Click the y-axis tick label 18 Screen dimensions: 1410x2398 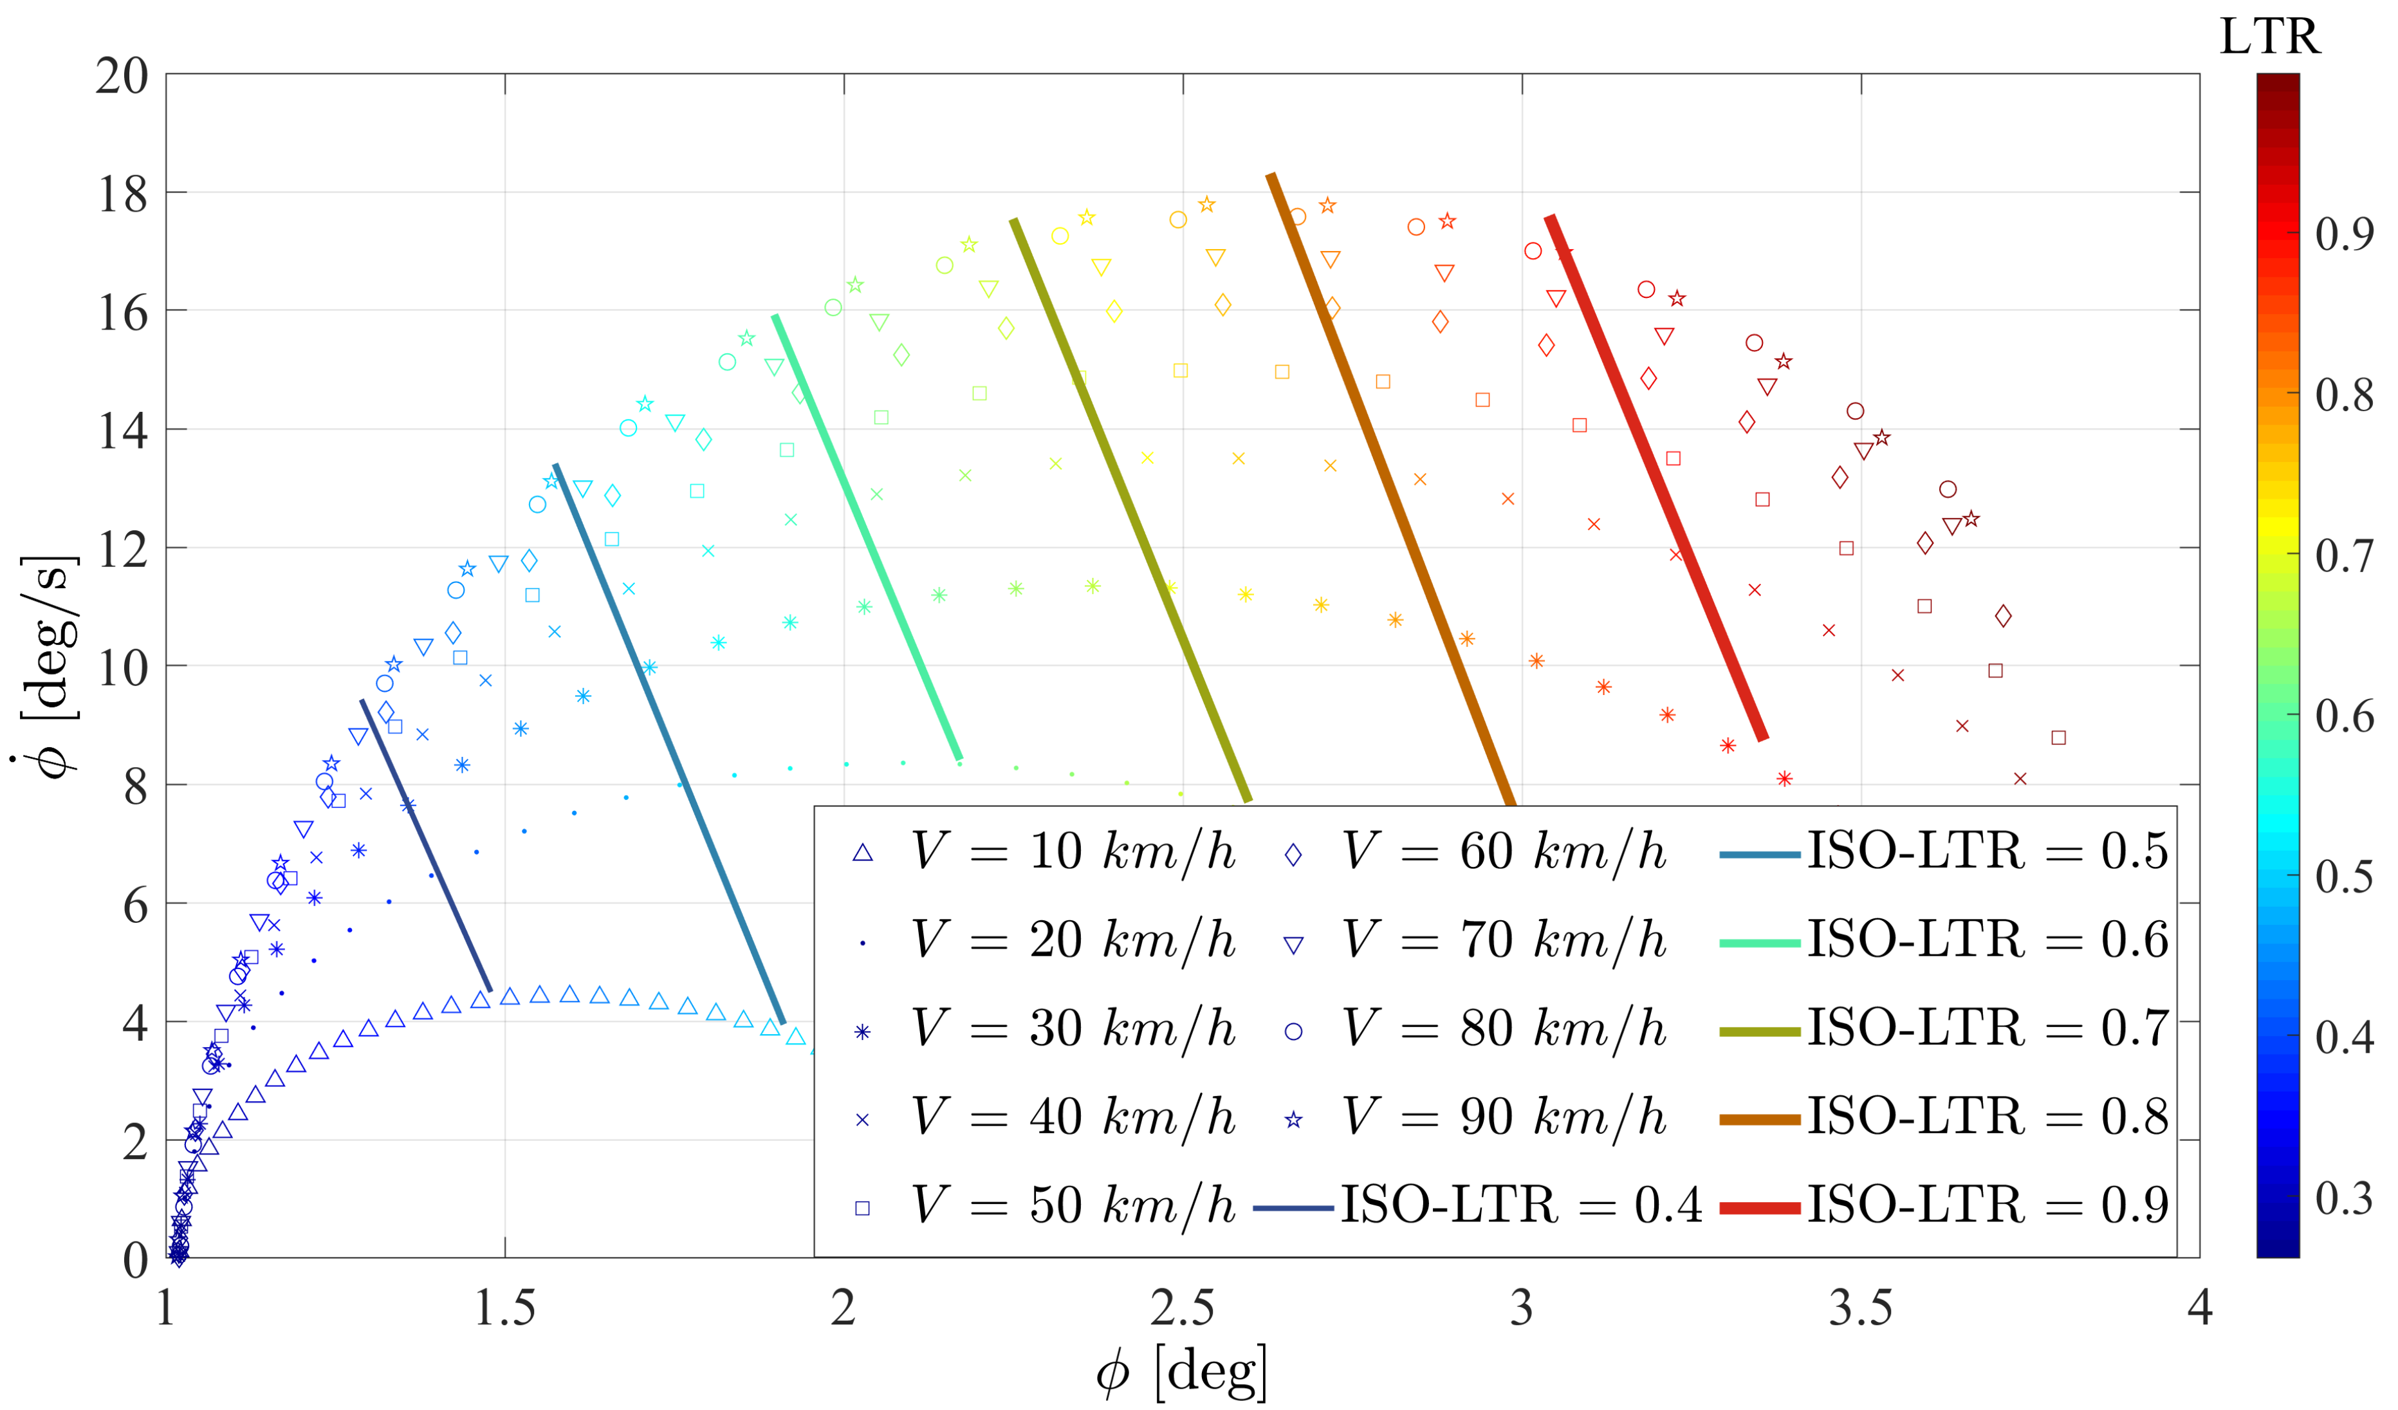123,195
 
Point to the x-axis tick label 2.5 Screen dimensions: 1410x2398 1182,1310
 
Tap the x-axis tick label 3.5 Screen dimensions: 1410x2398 1860,1310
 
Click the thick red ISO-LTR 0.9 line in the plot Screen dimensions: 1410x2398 1656,476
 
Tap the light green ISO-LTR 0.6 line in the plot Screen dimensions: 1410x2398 866,533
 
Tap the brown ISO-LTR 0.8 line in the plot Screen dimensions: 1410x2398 1389,485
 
